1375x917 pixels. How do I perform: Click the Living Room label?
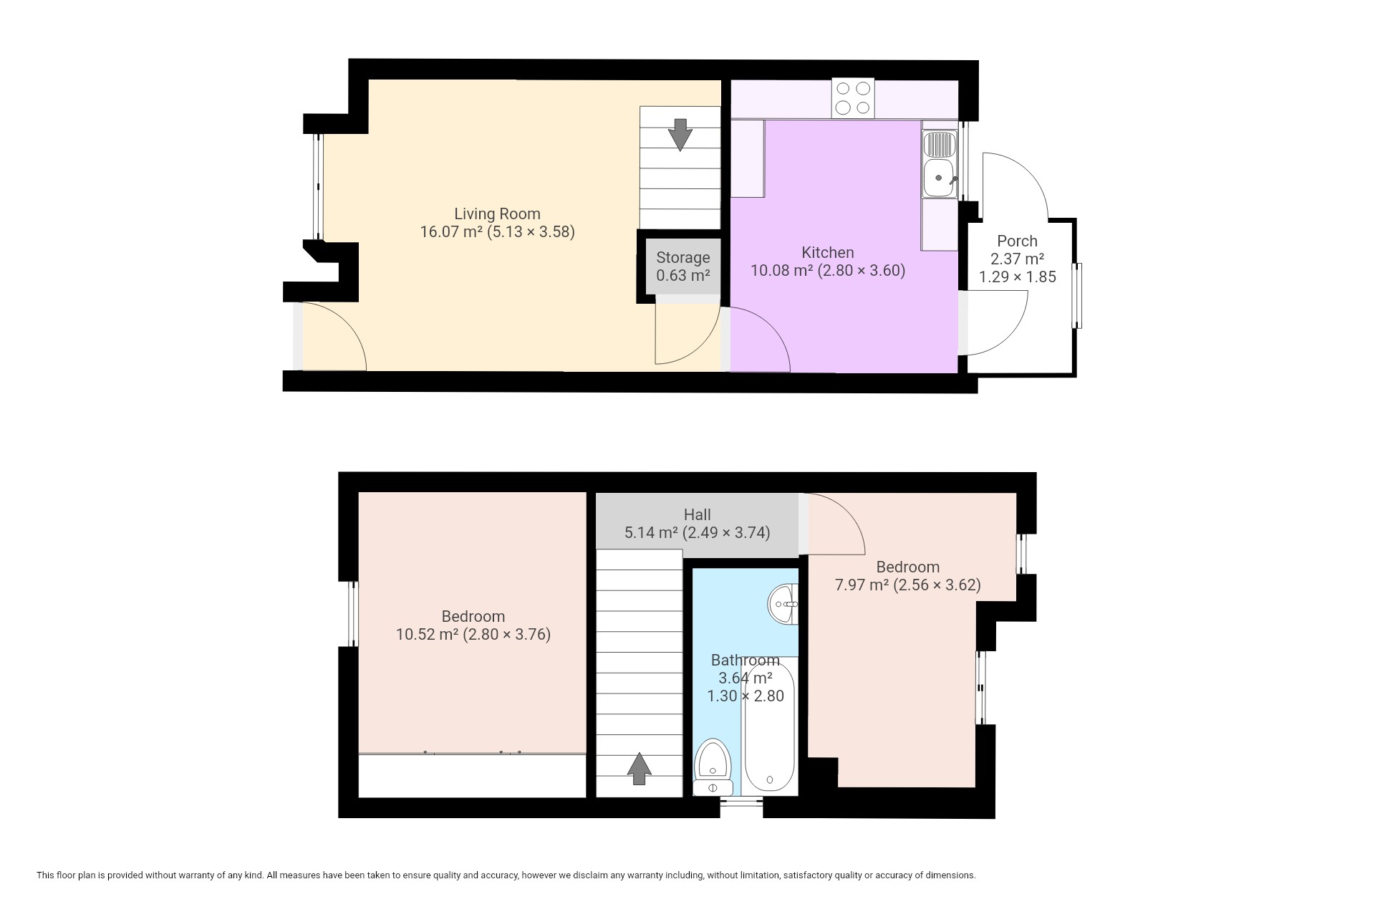point(497,213)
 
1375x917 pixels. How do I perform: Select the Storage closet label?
point(683,257)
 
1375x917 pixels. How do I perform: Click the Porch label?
point(1017,241)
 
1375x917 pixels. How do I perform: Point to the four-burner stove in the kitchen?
point(853,98)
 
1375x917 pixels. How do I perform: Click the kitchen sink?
point(940,163)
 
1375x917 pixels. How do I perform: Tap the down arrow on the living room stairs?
point(680,134)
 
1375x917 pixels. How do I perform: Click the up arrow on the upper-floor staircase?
point(639,769)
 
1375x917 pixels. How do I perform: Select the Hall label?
point(697,514)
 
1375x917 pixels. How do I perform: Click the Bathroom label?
point(745,660)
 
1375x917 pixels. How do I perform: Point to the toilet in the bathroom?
point(713,767)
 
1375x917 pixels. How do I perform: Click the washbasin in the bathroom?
point(783,605)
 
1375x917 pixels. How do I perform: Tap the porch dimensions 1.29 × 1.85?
point(1017,277)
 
